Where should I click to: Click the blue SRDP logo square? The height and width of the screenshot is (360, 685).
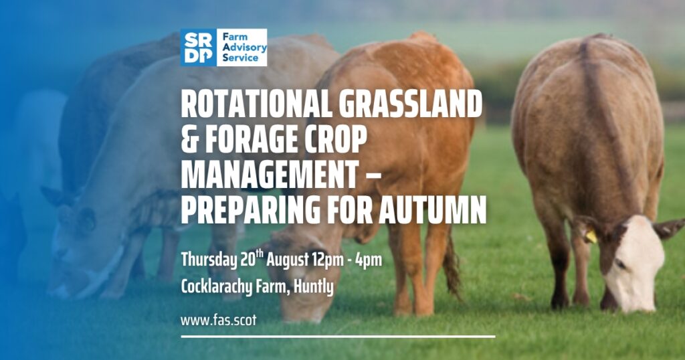pos(198,48)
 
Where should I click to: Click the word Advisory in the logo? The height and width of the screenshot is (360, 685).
pos(244,48)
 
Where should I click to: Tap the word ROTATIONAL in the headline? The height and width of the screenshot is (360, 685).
pos(256,104)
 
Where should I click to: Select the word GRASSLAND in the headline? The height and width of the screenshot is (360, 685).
pos(411,104)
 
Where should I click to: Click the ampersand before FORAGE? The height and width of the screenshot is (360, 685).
pos(189,140)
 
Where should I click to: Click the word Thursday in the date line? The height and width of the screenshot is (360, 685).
pos(209,260)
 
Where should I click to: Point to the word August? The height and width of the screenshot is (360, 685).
pos(288,260)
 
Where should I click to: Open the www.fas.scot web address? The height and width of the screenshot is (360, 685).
pos(219,321)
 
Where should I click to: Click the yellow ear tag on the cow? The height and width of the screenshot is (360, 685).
pos(591,236)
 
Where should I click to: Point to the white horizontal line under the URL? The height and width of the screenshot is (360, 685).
pos(338,337)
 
